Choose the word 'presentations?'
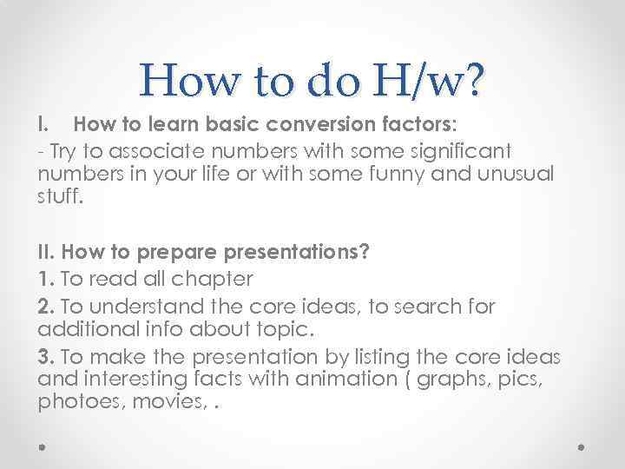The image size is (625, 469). point(295,254)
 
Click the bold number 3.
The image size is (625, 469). point(46,357)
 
